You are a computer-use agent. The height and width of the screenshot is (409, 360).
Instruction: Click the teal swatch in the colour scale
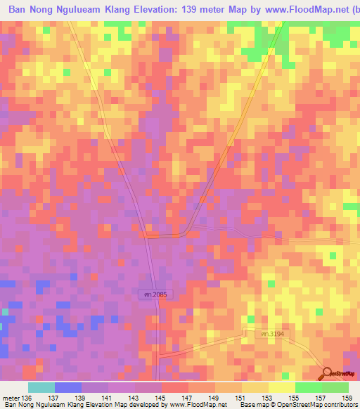41,387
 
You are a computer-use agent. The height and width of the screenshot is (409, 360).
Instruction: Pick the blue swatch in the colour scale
68,387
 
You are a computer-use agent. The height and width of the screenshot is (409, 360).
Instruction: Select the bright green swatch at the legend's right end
335,387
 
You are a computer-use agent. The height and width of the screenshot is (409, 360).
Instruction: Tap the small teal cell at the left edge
5,311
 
